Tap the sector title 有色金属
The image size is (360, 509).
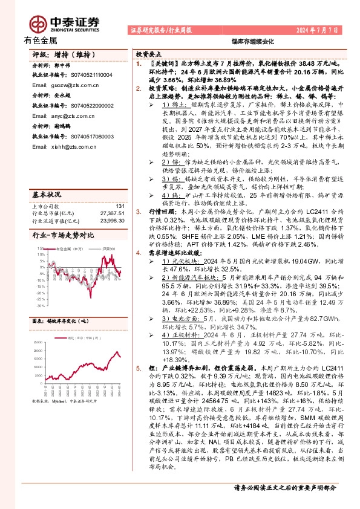click(41, 41)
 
